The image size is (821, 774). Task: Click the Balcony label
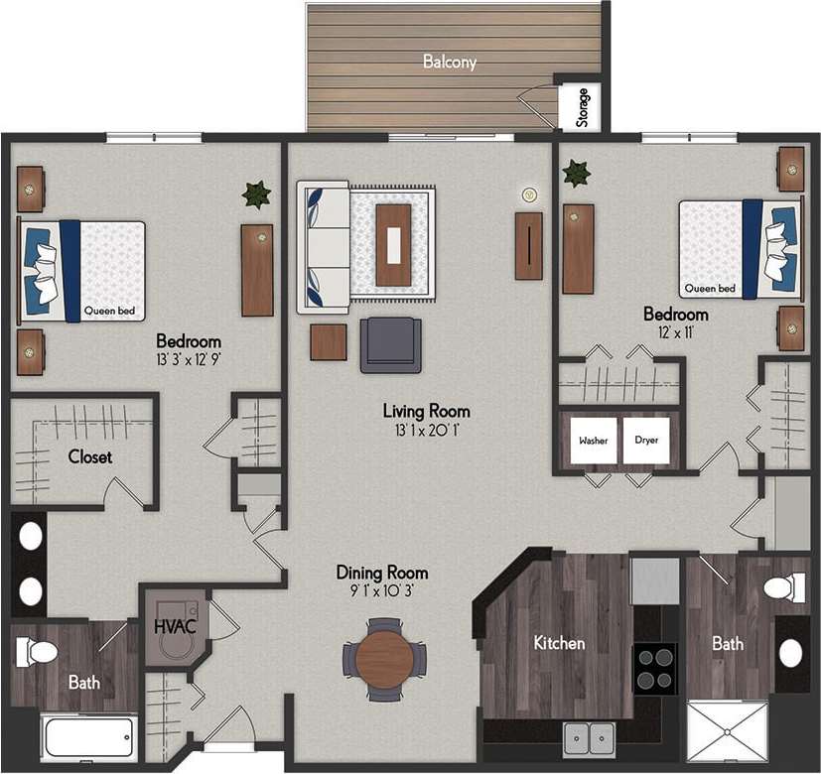450,62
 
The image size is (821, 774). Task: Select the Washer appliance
595,441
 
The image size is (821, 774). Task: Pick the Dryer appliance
646,441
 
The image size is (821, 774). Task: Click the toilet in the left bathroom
38,652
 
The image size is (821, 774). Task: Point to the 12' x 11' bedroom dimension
667,332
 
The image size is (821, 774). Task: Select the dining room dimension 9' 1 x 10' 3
382,591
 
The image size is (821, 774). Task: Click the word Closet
90,457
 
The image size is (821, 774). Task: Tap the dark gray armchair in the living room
391,343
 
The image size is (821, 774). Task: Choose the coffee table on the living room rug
394,243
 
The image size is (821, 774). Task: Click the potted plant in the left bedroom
257,194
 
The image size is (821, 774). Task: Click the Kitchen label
559,643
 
